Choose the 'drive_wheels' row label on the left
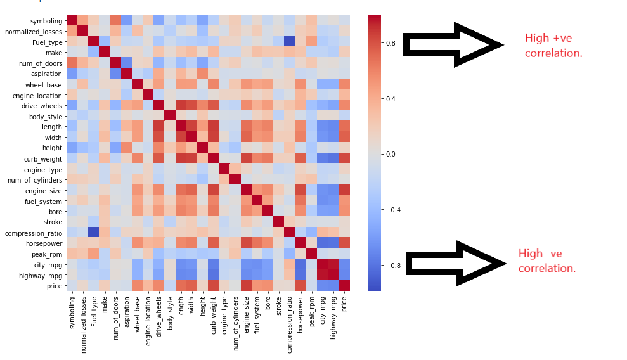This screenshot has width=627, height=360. (42, 105)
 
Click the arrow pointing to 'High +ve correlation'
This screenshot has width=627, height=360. (453, 44)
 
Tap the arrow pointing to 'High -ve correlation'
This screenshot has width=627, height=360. (455, 262)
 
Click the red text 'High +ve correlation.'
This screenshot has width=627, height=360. (553, 46)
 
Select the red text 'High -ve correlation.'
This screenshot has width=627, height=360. (546, 261)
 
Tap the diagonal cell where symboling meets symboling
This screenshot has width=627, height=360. (72, 21)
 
